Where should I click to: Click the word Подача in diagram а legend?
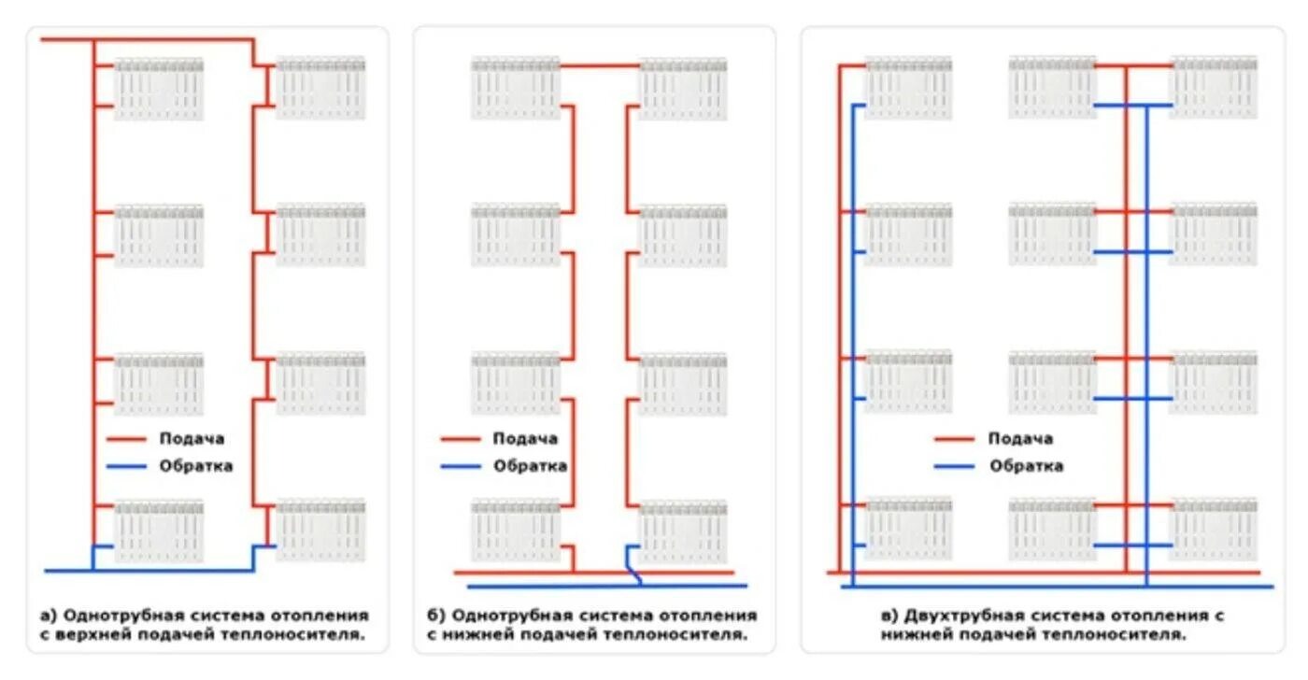192,438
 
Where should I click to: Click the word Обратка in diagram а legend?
195,465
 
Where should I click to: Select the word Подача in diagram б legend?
525,438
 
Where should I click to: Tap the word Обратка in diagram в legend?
1026,465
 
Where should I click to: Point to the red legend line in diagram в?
954,438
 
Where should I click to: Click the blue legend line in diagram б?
461,465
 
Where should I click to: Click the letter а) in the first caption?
49,616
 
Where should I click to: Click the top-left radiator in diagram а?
159,89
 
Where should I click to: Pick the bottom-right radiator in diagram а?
320,530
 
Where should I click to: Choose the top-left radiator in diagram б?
515,88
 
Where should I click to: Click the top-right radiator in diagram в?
1214,87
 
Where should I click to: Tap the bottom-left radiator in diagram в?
908,529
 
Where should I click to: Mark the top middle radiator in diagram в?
1052,87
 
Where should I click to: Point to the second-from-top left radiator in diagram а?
159,235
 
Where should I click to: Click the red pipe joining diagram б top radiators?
600,66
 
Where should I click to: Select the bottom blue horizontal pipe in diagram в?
1056,587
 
